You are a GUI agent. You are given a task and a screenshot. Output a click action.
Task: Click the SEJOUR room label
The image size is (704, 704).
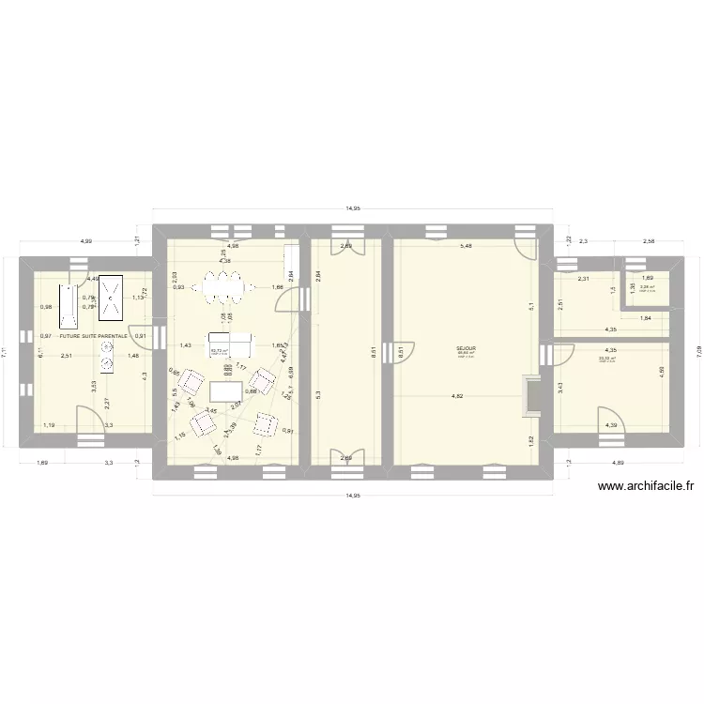point(467,347)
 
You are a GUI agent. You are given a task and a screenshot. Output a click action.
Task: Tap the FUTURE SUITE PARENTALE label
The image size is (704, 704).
point(93,335)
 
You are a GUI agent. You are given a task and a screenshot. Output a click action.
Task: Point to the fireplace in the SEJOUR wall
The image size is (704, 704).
point(532,394)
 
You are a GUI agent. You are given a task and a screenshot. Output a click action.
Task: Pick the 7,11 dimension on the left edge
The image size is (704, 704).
point(7,352)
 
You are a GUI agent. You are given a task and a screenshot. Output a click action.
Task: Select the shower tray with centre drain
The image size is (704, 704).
point(112,298)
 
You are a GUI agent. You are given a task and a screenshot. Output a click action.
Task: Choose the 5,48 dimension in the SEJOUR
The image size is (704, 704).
point(467,247)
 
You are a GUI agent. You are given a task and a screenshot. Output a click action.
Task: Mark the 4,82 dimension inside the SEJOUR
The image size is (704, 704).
point(458,396)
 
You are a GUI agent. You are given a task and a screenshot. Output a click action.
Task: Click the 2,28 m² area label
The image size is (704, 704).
point(648,287)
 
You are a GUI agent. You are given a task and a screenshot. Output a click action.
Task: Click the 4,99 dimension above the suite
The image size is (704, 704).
point(86,241)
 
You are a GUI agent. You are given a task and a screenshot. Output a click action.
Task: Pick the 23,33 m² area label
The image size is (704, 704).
point(607,359)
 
